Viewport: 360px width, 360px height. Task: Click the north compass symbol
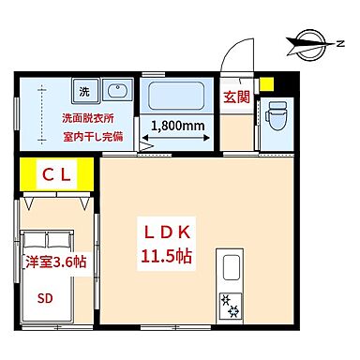pyautogui.click(x=313, y=40)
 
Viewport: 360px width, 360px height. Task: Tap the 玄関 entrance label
pyautogui.click(x=235, y=97)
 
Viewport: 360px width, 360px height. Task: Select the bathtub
pyautogui.click(x=178, y=97)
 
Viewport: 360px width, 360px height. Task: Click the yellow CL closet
pyautogui.click(x=55, y=174)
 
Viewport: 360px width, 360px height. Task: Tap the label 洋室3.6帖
pyautogui.click(x=55, y=262)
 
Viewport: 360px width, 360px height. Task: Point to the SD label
pyautogui.click(x=45, y=301)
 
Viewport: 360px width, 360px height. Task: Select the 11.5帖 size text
pyautogui.click(x=168, y=255)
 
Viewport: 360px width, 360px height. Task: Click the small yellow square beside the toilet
pyautogui.click(x=269, y=84)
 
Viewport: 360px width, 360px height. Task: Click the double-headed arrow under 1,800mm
pyautogui.click(x=178, y=143)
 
